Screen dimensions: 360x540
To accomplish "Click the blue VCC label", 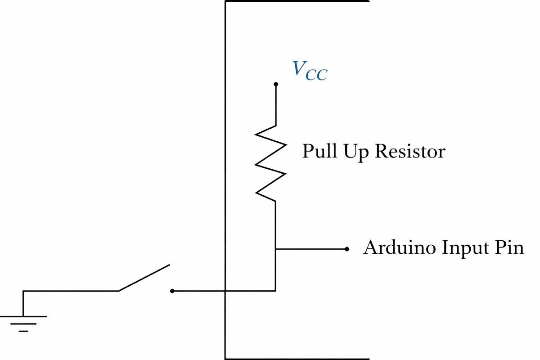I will (x=310, y=70).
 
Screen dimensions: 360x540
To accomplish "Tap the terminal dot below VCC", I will (x=276, y=84).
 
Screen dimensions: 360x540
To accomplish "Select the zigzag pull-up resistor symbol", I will (x=271, y=163).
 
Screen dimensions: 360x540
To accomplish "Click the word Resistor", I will (x=410, y=151).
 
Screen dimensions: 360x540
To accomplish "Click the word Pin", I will (x=509, y=247).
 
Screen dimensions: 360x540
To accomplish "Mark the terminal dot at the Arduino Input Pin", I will (x=346, y=249).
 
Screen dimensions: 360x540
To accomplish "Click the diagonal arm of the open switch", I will (x=144, y=278).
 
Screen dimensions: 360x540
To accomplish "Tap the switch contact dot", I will (x=172, y=291).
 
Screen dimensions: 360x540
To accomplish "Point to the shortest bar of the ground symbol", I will (x=23, y=331).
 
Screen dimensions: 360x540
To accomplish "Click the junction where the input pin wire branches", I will (x=275, y=249).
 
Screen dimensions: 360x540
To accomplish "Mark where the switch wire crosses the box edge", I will (x=225, y=291).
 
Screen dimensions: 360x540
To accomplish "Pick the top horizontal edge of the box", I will (x=297, y=1).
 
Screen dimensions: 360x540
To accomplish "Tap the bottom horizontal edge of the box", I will (x=297, y=359).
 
